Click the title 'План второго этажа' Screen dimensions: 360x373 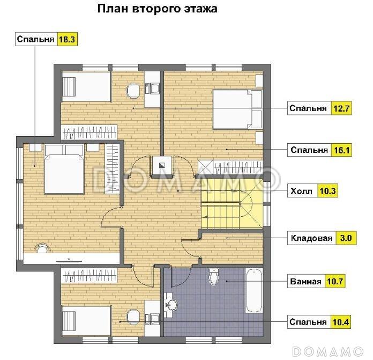(156, 9)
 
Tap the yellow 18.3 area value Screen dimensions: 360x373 (67, 39)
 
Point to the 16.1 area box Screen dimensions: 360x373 (341, 150)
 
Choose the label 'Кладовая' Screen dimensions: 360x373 (311, 238)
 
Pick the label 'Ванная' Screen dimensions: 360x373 (305, 281)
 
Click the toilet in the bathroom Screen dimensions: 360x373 (213, 276)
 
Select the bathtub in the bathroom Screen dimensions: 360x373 (253, 291)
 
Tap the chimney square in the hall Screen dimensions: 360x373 (162, 165)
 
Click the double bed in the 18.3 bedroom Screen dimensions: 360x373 (64, 169)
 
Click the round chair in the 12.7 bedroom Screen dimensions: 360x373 (132, 90)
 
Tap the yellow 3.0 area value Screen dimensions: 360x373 (345, 238)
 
